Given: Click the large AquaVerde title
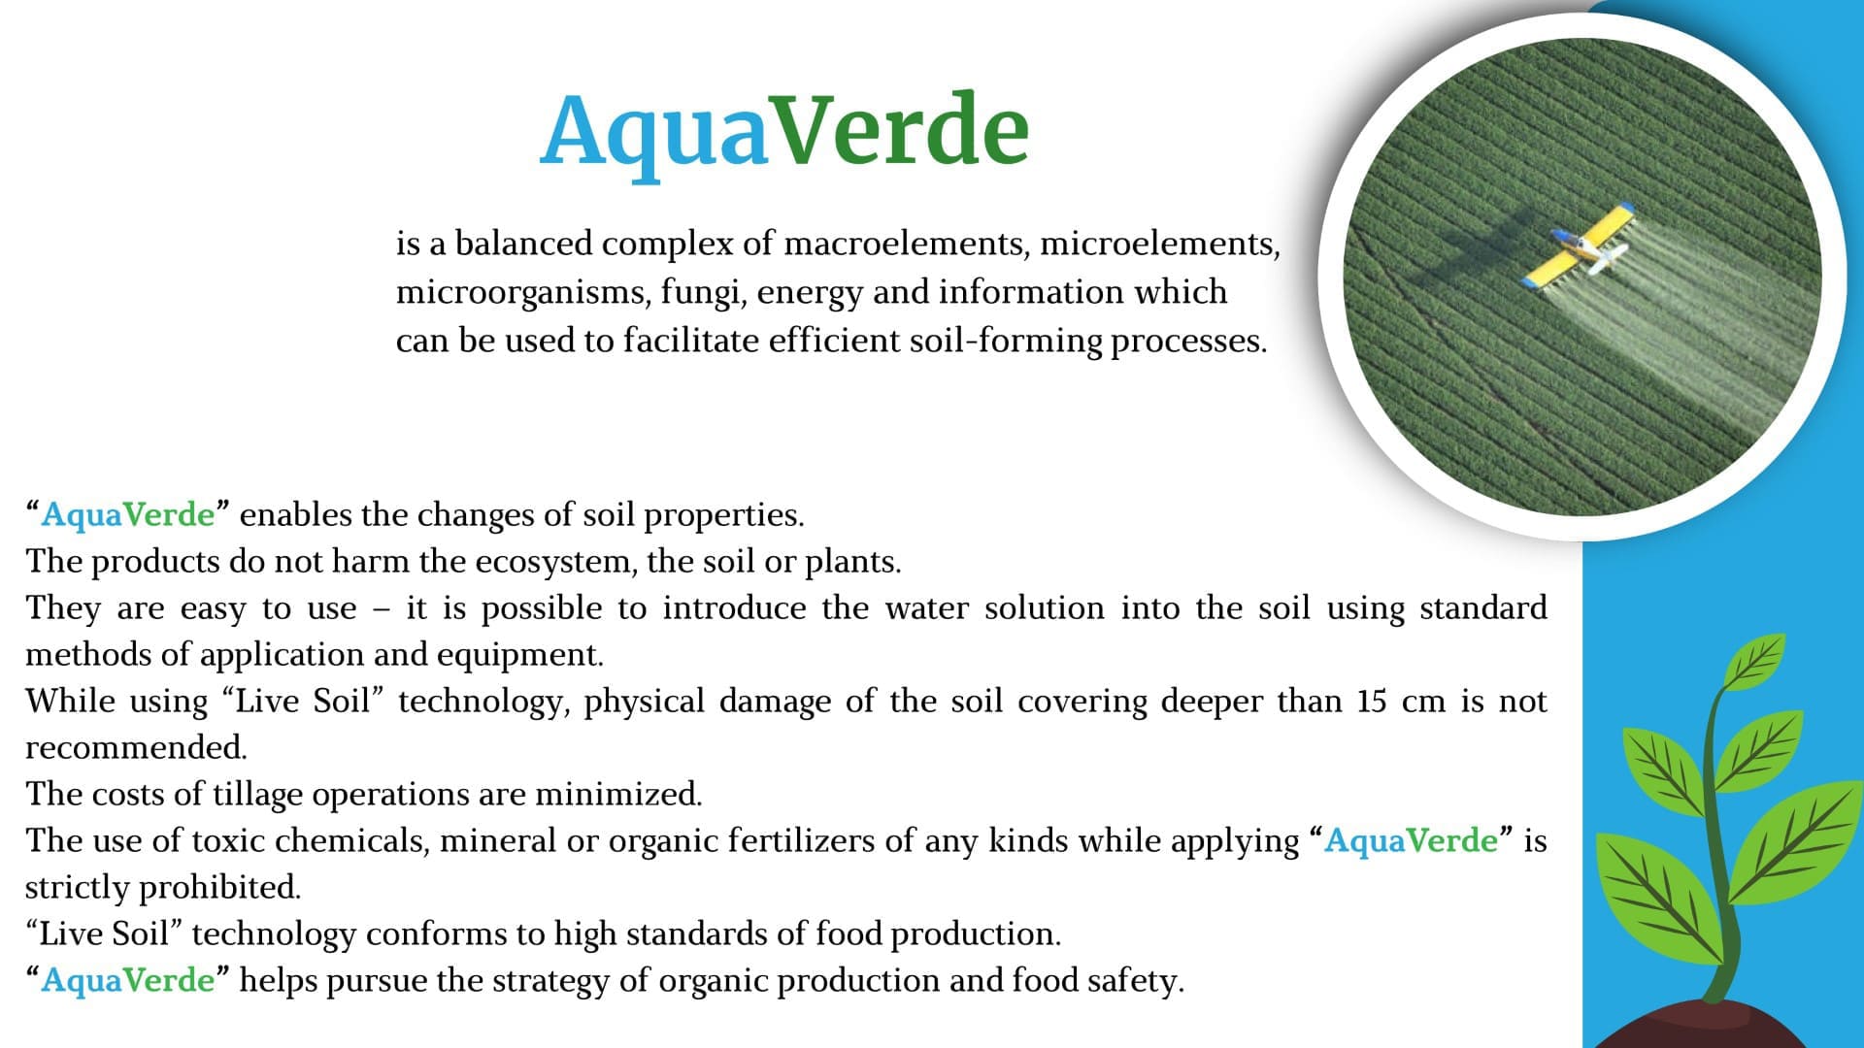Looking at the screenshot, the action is point(784,131).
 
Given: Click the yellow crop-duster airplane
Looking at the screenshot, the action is point(1578,247).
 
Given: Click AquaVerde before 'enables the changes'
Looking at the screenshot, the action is point(127,514).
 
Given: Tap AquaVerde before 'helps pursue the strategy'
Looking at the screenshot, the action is point(127,980).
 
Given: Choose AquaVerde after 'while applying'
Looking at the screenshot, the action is point(1411,840).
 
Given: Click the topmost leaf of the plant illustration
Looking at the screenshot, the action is point(1755,662).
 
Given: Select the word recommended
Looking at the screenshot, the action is point(136,747).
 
